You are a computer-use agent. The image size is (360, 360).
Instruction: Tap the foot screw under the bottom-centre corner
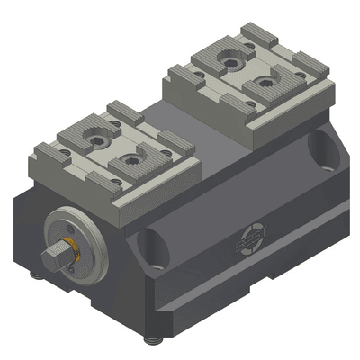coord(150,339)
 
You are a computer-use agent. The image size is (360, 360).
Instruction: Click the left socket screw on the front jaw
coord(94,141)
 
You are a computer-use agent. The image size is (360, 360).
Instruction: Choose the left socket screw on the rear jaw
coord(225,64)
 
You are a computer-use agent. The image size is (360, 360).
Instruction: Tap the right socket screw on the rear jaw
coord(264,83)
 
